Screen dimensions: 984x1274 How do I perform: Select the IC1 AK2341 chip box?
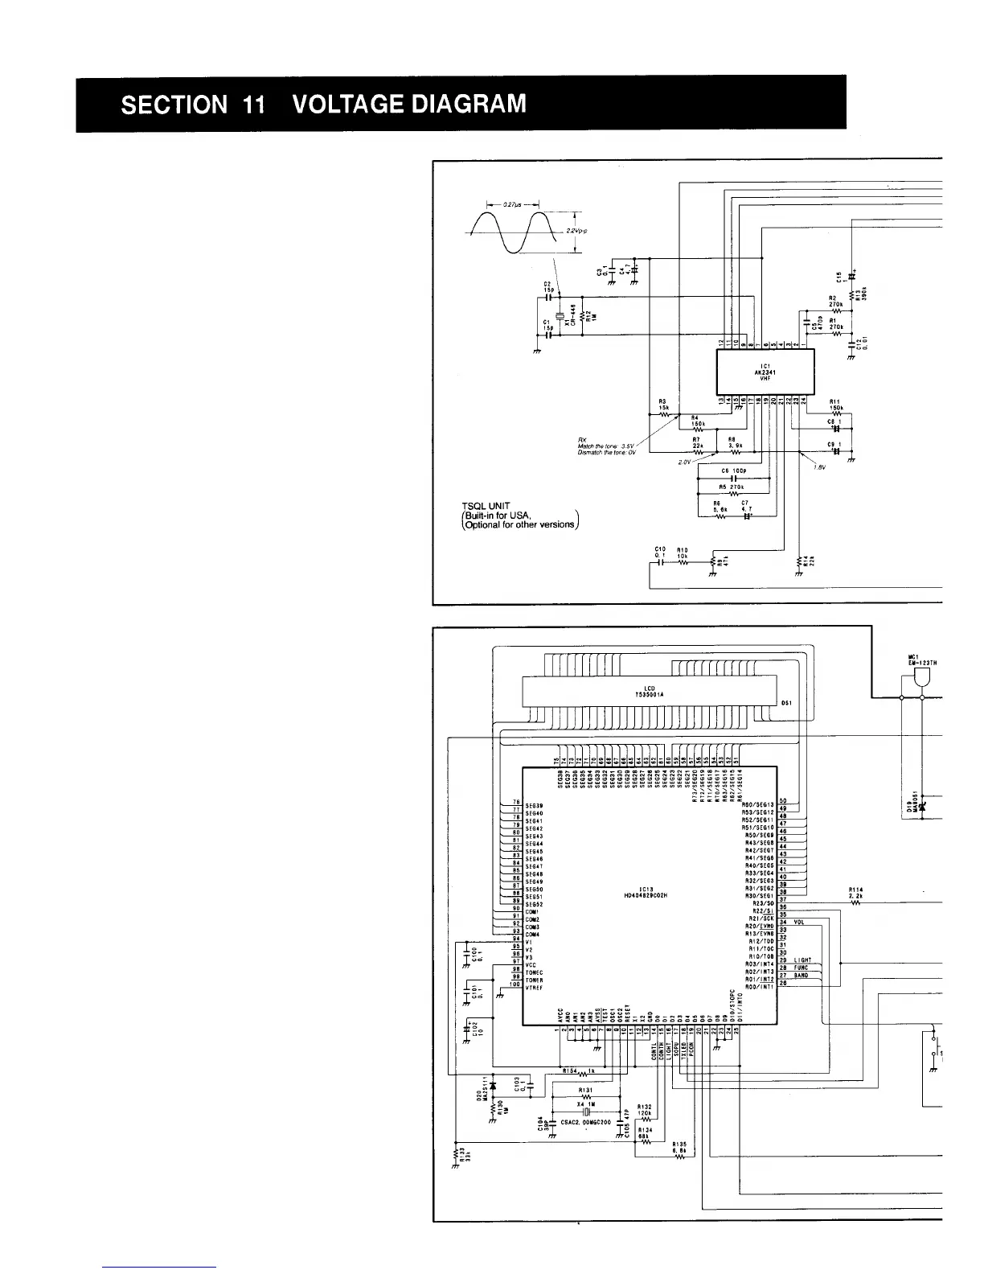[765, 372]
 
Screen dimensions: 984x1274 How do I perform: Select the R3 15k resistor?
[663, 415]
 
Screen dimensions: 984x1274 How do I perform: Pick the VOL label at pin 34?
[798, 923]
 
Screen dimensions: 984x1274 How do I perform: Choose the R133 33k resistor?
[456, 1154]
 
